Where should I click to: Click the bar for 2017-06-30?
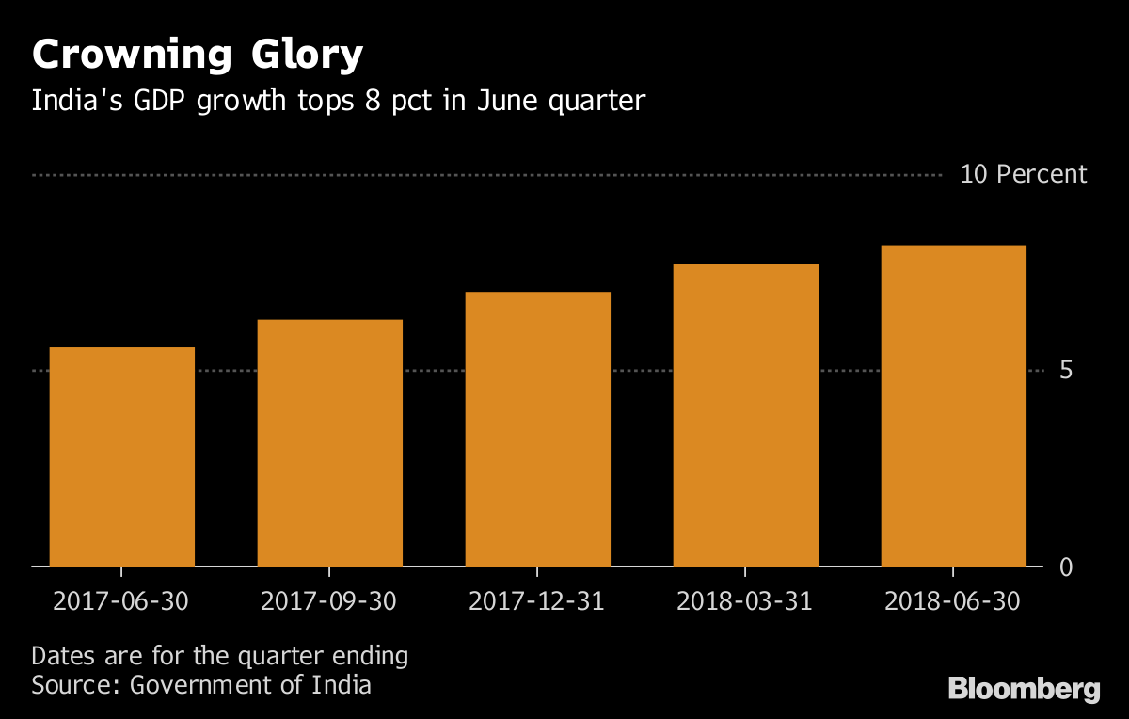click(121, 457)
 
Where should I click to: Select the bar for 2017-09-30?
click(329, 443)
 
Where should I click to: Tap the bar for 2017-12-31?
click(537, 429)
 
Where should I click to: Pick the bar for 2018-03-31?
click(745, 416)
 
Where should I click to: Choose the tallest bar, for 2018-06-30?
click(953, 406)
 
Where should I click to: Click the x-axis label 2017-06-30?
click(121, 600)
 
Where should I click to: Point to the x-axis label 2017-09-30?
click(329, 600)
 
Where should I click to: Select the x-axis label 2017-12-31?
click(537, 600)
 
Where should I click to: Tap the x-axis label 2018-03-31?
click(745, 600)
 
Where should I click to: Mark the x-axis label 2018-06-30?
click(953, 600)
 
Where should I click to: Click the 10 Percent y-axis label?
click(1023, 175)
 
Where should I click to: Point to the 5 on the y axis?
click(1066, 371)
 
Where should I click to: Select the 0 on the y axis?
click(1066, 567)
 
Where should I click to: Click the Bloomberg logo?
click(1024, 689)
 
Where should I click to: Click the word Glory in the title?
click(306, 56)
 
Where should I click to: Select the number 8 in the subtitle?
click(374, 102)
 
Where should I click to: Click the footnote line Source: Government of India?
click(201, 684)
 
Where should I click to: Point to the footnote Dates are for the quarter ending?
click(220, 656)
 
